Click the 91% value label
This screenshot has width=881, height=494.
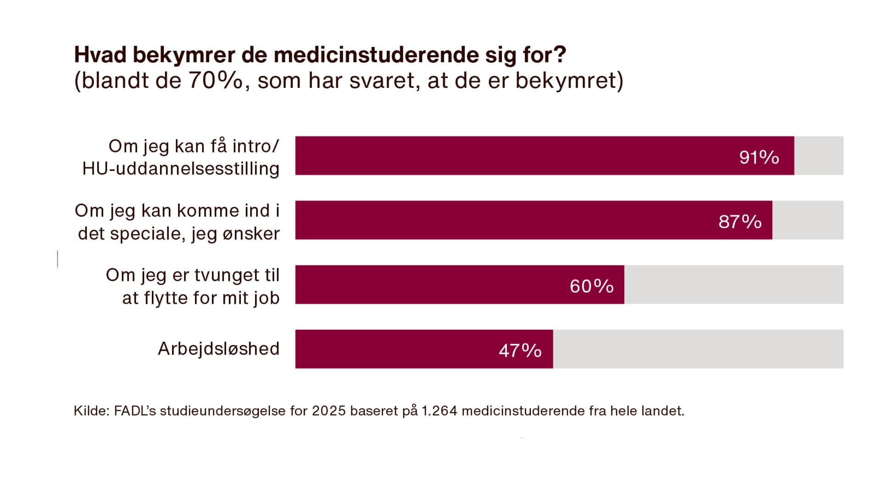[x=759, y=157]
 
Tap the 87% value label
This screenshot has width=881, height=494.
[x=740, y=222]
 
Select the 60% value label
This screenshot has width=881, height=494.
[x=591, y=286]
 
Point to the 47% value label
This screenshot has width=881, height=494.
[x=520, y=351]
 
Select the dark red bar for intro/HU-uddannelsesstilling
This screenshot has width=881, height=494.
[x=505, y=155]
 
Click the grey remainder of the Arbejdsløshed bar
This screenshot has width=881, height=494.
[x=697, y=349]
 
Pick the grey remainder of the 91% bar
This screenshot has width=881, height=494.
[x=819, y=155]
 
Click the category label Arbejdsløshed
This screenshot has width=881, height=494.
[x=218, y=349]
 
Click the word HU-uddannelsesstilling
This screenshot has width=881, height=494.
[x=181, y=169]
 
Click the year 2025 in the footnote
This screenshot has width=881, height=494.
[x=329, y=411]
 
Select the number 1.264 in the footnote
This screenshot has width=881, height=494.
[x=439, y=411]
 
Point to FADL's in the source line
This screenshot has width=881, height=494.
[x=135, y=411]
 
